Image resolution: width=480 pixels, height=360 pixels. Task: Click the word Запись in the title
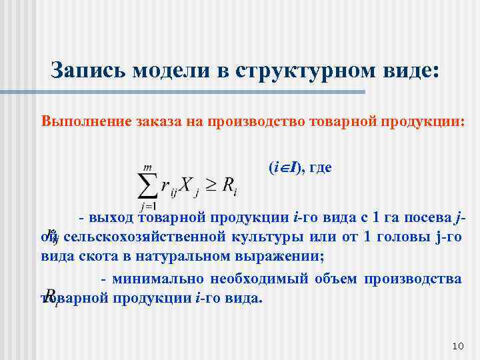[x=89, y=70]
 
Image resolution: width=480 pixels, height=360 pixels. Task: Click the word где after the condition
[x=320, y=169]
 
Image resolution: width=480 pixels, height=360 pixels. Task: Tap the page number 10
[x=457, y=346]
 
